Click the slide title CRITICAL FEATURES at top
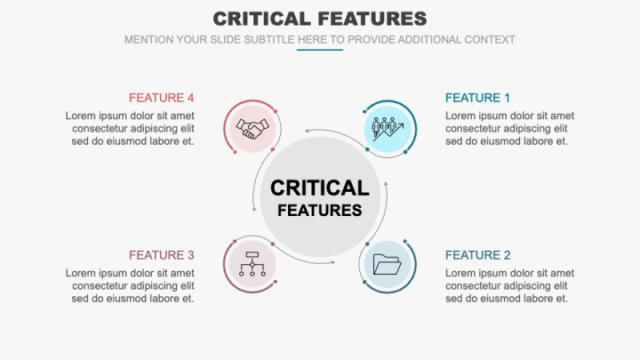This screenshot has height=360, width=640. (x=320, y=19)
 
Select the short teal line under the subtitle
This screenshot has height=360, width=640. (x=319, y=50)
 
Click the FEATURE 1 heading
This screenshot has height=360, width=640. (x=478, y=98)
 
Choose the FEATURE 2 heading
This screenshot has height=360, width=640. (x=478, y=255)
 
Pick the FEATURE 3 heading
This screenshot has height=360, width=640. (x=161, y=255)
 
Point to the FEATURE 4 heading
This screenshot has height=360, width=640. (x=161, y=98)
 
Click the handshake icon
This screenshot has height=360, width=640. (x=252, y=129)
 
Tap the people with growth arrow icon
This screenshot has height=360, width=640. (x=388, y=129)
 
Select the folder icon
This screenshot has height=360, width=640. (x=388, y=264)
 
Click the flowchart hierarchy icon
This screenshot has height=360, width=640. (x=252, y=264)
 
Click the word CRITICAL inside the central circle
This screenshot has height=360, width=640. (x=319, y=188)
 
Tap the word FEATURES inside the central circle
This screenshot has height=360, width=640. (x=319, y=211)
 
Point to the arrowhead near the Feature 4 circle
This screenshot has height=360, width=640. (x=307, y=133)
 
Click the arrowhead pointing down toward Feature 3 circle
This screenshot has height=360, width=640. (x=255, y=210)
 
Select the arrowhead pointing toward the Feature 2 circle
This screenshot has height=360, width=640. (x=332, y=261)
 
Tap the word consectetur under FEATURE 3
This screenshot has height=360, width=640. (x=102, y=285)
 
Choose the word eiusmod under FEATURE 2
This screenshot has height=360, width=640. (x=500, y=298)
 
